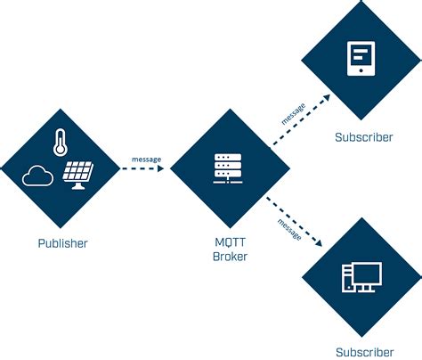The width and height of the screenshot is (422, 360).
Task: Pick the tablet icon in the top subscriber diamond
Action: tap(360, 58)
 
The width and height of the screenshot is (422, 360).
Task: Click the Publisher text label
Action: tap(61, 241)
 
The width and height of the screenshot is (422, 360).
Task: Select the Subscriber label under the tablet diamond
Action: tap(361, 137)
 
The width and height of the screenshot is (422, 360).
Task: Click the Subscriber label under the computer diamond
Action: tap(361, 352)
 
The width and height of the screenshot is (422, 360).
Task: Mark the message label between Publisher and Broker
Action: tap(146, 160)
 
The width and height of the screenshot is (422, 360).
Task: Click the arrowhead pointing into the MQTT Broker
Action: tap(161, 169)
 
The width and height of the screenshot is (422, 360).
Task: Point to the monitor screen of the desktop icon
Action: tap(368, 273)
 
